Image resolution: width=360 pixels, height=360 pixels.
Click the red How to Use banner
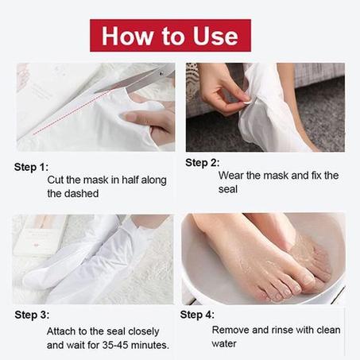coord(170,36)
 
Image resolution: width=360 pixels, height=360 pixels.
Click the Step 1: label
coord(31,167)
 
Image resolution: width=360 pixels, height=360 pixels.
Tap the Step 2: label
coord(203,163)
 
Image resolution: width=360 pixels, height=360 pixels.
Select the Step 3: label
coord(32,315)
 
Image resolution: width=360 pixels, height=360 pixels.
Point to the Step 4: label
coord(197,315)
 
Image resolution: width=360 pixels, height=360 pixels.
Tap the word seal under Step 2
coord(228,189)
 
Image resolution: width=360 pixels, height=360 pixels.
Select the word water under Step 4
coord(224,344)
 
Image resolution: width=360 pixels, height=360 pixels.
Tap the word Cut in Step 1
coord(56,180)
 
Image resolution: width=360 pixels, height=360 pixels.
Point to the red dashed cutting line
coord(71,112)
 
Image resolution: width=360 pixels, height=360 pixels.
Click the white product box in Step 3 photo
coord(40,236)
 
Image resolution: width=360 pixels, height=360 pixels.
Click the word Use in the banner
coord(215,36)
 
